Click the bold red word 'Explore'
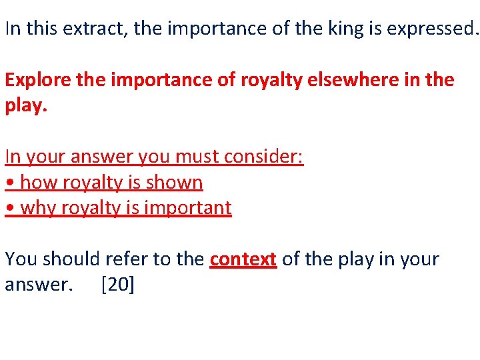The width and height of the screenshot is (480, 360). pyautogui.click(x=33, y=80)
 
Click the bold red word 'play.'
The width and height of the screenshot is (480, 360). pyautogui.click(x=23, y=106)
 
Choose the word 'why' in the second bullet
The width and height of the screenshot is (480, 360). pyautogui.click(x=38, y=209)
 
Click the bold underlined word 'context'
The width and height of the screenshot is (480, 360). pyautogui.click(x=243, y=259)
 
